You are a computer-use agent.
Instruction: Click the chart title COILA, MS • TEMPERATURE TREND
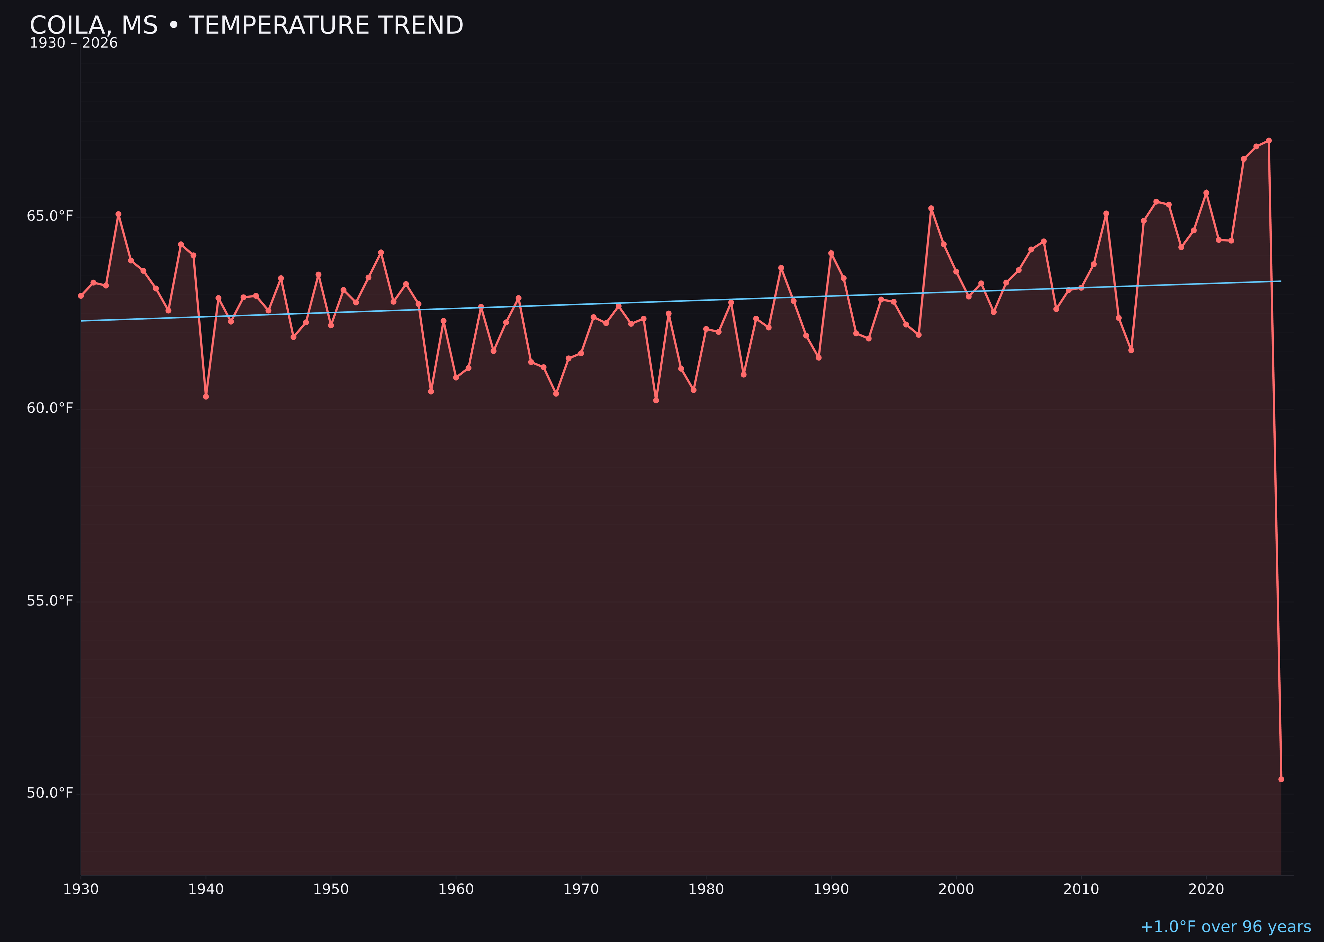click(246, 26)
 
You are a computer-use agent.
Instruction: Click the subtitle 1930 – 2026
click(73, 43)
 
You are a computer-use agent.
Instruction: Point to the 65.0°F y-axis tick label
click(50, 216)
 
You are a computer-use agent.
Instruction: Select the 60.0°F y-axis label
click(50, 408)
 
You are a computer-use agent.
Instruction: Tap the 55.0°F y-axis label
click(50, 601)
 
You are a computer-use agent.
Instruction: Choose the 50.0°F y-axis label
click(50, 793)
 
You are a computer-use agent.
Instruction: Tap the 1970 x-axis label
click(581, 889)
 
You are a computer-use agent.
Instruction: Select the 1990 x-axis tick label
click(831, 889)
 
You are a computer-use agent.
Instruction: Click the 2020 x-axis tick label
click(1206, 889)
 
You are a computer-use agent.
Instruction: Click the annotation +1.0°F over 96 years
click(1225, 927)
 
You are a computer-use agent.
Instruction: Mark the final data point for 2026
click(1281, 779)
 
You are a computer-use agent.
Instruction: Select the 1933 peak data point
click(118, 214)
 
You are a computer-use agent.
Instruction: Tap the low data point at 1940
click(206, 397)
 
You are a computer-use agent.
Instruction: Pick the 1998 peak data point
click(931, 208)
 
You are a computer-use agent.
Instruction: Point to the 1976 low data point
click(656, 400)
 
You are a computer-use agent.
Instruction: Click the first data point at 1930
click(80, 296)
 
